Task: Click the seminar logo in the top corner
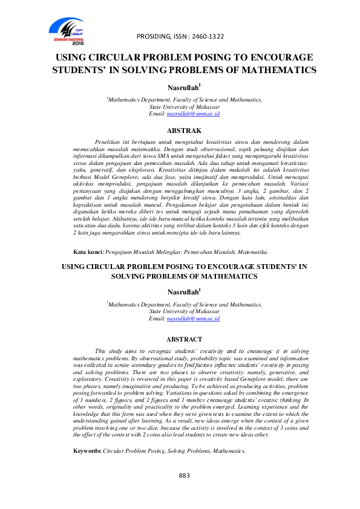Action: (x=67, y=31)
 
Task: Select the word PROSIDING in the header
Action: (x=154, y=36)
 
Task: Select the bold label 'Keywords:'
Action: (x=87, y=451)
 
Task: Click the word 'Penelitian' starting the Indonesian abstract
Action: (x=110, y=140)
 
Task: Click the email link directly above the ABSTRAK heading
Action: (x=192, y=113)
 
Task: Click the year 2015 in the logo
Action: (x=78, y=44)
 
